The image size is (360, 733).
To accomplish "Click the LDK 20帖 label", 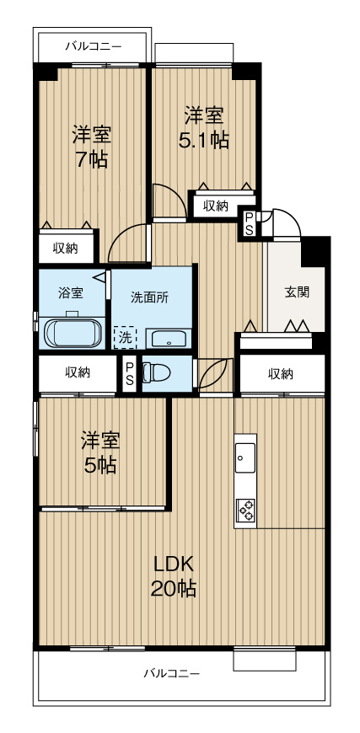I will click(x=174, y=577).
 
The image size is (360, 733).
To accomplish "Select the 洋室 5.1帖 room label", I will click(x=203, y=127).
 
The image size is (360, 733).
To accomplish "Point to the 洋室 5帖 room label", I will click(x=100, y=452).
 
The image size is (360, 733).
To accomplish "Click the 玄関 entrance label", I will click(x=296, y=292).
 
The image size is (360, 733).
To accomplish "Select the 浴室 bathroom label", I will click(x=70, y=293).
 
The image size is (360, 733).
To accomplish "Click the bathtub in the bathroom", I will click(x=73, y=333).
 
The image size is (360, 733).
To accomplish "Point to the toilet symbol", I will click(x=158, y=372).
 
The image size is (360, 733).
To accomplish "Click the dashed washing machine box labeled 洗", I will click(x=125, y=337).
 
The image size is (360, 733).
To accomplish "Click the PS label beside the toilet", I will click(x=129, y=373).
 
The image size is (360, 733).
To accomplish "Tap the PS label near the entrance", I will click(x=249, y=223).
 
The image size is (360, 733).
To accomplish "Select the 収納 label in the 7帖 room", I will click(x=66, y=248).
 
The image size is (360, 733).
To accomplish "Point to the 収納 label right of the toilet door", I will click(x=281, y=373).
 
